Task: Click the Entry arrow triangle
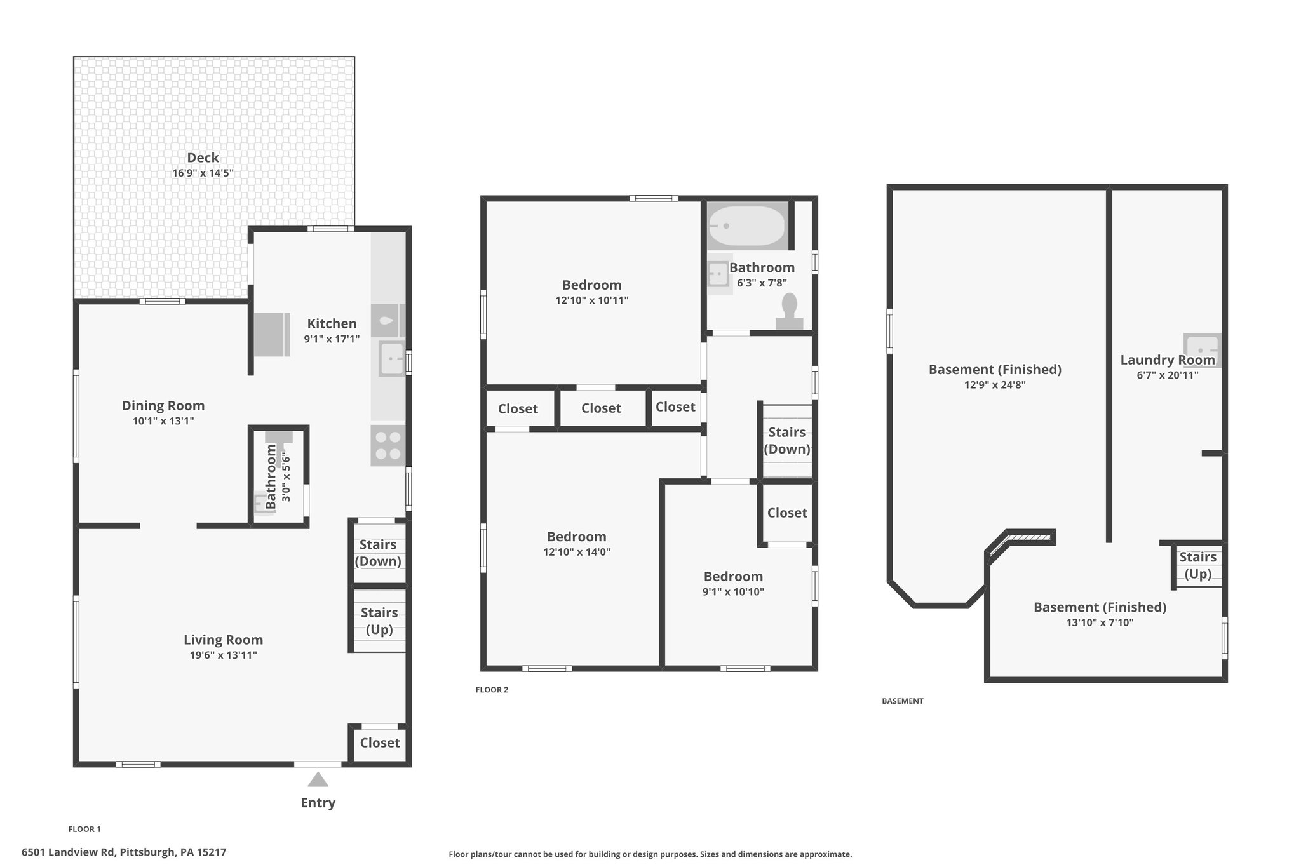318,779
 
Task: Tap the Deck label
203,158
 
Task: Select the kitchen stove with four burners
388,446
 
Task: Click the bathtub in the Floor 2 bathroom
746,227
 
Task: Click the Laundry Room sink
1201,351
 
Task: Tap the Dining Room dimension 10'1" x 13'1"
163,420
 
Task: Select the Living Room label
223,640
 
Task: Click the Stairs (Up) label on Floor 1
379,621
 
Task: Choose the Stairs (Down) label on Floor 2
787,440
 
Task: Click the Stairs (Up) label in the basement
1198,565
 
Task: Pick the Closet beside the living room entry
380,743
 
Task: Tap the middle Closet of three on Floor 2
601,408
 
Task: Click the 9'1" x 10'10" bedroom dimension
733,592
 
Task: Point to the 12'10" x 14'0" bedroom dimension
577,552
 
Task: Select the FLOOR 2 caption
492,690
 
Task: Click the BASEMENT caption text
903,701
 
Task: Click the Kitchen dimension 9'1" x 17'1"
332,339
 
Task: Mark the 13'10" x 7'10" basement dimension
1100,622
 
